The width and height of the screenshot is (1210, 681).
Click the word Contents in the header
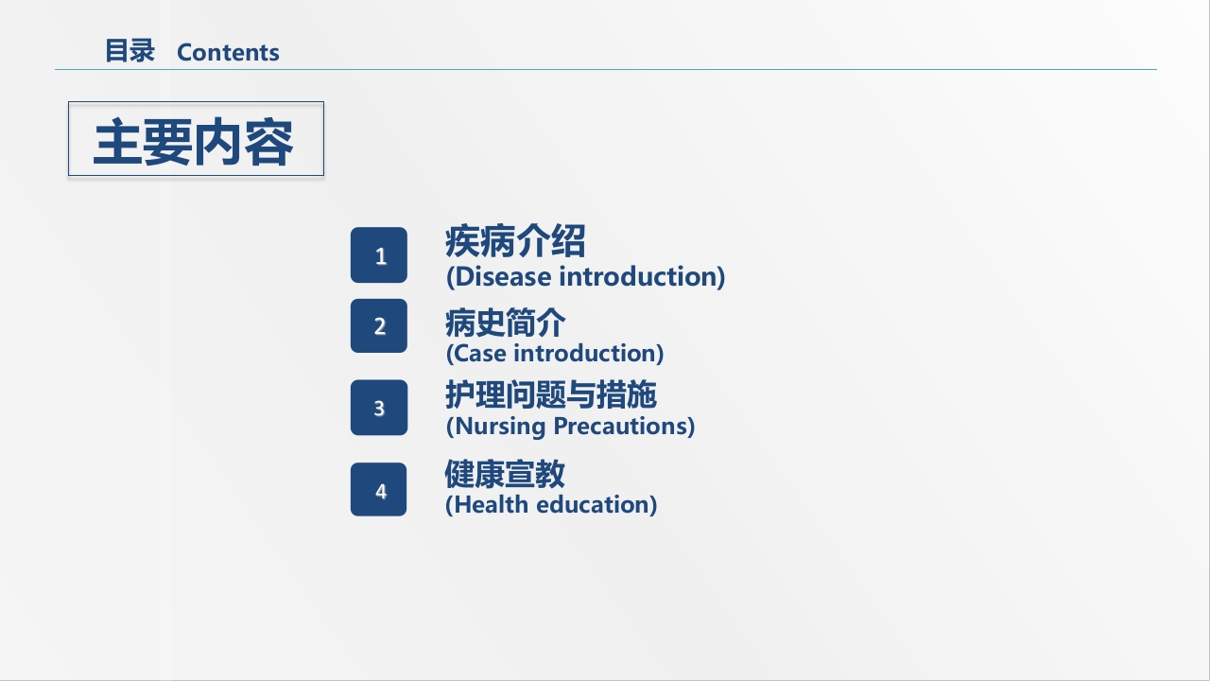228,52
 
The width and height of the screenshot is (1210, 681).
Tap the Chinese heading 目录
130,51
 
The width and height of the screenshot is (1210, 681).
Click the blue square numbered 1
379,255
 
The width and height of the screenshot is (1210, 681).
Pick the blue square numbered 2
379,326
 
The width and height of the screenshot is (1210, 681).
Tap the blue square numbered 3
379,408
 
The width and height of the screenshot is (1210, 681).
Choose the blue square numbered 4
379,489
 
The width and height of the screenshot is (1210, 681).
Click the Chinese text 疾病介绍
515,241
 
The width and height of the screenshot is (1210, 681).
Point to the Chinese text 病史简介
505,323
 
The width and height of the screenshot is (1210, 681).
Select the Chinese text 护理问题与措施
551,394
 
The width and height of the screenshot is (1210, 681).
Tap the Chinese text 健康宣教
505,474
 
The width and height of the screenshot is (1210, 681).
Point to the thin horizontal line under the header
606,69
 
